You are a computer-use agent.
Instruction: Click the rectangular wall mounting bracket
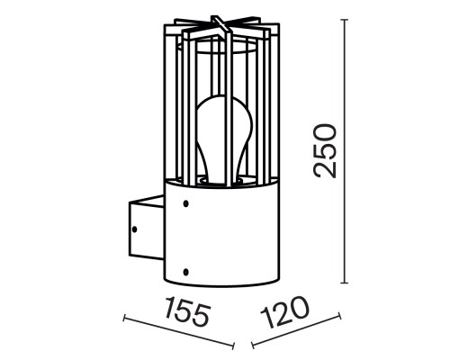click(x=140, y=229)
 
